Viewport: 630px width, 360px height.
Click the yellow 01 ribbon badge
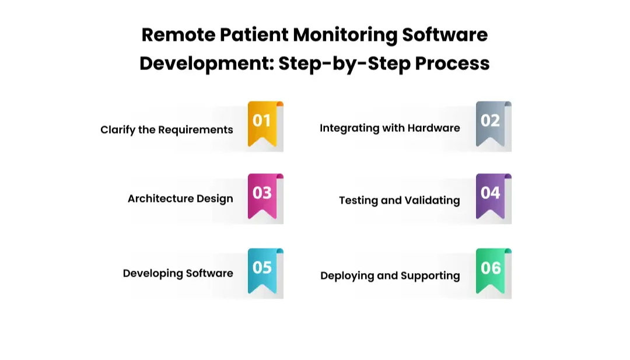[x=262, y=123]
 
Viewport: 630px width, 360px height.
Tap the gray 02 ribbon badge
[x=490, y=123]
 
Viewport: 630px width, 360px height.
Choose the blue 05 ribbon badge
[x=262, y=270]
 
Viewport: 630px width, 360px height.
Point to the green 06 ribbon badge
[x=490, y=270]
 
